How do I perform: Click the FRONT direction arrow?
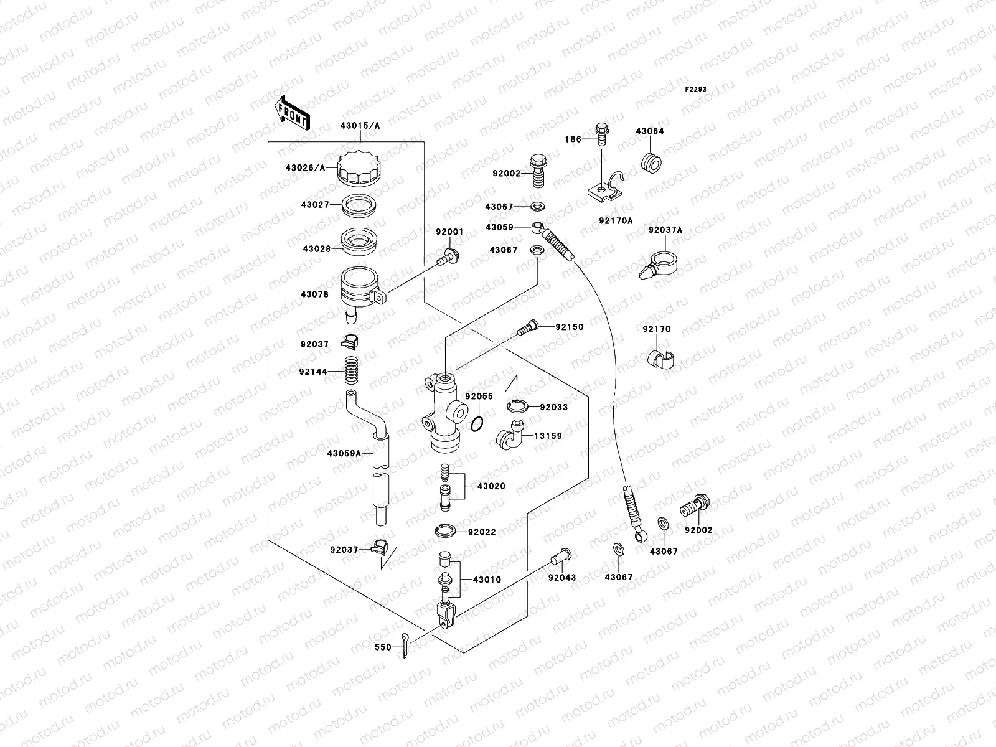point(293,113)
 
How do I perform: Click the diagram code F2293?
point(696,90)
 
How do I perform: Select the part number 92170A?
point(616,220)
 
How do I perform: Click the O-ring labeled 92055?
point(477,425)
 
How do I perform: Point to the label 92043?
point(562,578)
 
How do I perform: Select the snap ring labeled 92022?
point(446,531)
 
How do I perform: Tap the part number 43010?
point(487,580)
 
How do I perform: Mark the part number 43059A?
point(344,453)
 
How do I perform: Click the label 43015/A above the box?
point(360,125)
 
